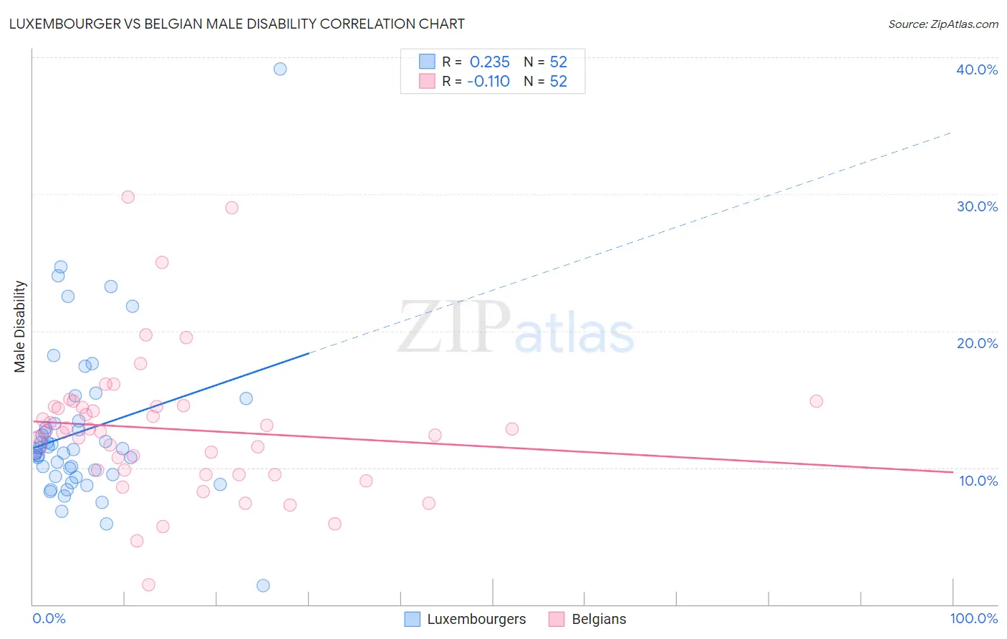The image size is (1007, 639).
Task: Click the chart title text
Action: click(236, 24)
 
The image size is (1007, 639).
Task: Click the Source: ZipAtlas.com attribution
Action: click(943, 24)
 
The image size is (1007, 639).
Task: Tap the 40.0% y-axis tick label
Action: click(976, 69)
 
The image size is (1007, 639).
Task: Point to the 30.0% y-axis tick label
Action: click(976, 206)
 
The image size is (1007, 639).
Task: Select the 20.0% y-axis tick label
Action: click(976, 343)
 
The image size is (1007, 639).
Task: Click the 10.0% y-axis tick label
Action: click(978, 481)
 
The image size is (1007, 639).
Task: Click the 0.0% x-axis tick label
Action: click(49, 618)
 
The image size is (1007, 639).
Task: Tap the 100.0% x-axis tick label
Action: click(973, 618)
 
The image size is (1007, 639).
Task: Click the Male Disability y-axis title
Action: click(20, 327)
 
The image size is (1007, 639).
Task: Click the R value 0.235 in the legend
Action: click(489, 62)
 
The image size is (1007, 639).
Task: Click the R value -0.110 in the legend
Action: click(488, 82)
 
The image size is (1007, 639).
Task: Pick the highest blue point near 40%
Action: click(280, 69)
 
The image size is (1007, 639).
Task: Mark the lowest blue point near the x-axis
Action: click(263, 585)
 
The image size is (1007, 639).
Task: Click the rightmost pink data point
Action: click(816, 401)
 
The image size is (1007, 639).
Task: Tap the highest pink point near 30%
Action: click(128, 197)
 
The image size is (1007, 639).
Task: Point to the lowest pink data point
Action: click(148, 585)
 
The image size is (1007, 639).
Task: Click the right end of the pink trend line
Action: click(952, 472)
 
